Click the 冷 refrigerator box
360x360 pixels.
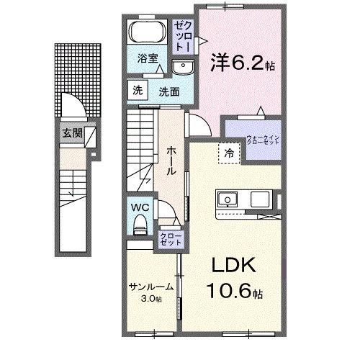click(228, 153)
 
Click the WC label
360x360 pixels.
click(140, 207)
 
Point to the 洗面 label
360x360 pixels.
click(168, 92)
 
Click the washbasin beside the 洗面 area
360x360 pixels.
click(182, 68)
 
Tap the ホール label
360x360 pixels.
click(172, 159)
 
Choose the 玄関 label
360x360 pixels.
click(71, 132)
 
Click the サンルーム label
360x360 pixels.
click(151, 287)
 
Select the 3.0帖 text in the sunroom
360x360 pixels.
click(151, 298)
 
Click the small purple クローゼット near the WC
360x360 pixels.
click(170, 239)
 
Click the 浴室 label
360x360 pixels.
click(149, 60)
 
